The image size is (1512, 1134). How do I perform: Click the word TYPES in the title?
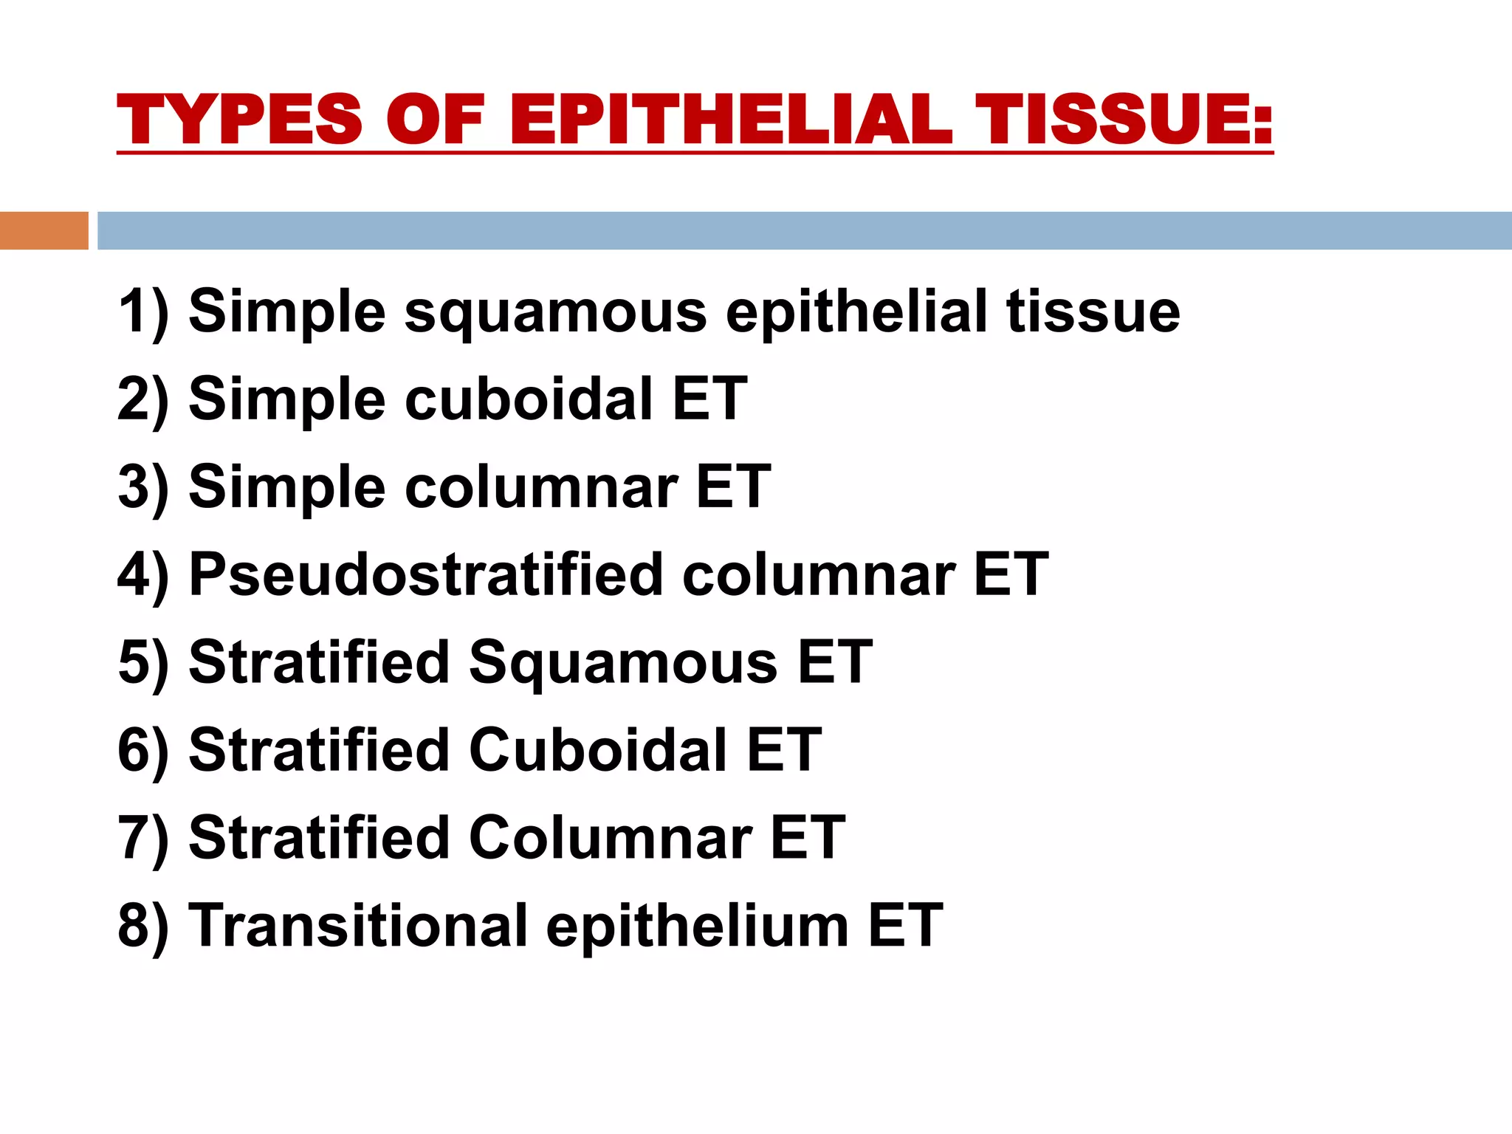[x=239, y=120]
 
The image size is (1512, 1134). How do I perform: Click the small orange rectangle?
[x=44, y=230]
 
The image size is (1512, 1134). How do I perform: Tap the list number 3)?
[x=143, y=487]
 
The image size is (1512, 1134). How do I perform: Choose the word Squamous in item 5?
[x=623, y=662]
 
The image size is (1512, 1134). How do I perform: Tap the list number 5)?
[x=143, y=662]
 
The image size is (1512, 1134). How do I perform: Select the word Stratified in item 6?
[x=319, y=749]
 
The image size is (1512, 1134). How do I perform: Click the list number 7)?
[x=143, y=837]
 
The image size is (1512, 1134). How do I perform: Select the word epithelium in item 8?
[x=697, y=926]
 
